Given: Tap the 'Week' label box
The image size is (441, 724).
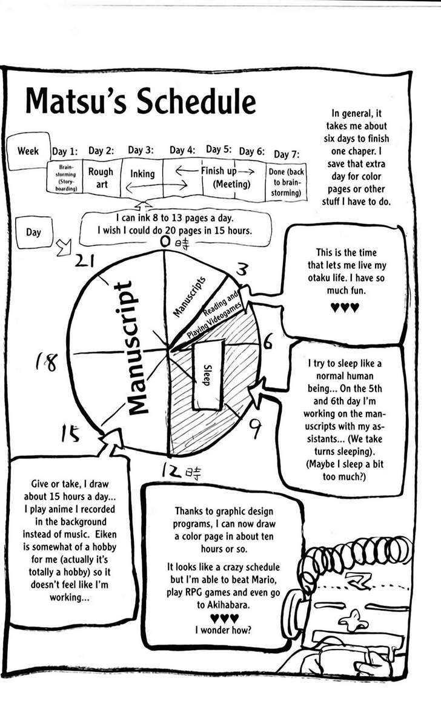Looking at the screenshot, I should tap(28, 150).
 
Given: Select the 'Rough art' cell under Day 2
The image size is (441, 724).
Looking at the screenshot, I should tap(101, 177).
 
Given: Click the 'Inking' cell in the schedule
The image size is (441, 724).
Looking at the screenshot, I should tap(142, 174).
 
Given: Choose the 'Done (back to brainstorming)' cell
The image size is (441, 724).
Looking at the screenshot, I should tap(285, 182).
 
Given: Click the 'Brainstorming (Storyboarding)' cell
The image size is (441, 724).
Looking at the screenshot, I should tap(65, 177).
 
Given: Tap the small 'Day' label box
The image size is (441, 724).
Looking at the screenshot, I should tap(34, 232).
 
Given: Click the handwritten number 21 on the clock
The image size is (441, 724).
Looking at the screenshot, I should tap(87, 260).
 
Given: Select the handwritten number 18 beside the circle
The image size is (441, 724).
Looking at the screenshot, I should tap(45, 363).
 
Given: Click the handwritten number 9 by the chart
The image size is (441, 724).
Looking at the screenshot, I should tap(256, 429).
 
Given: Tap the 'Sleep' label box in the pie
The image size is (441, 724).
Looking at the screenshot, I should tap(207, 375).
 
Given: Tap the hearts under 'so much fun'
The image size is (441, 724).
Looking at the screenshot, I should tap(345, 308).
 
